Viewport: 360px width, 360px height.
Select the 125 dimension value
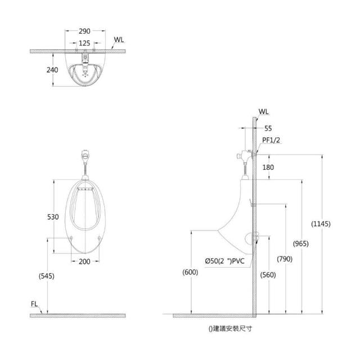point(84,43)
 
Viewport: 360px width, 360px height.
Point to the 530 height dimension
point(53,217)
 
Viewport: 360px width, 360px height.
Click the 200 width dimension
point(84,262)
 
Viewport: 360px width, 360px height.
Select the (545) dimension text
point(47,276)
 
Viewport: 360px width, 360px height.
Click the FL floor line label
point(35,304)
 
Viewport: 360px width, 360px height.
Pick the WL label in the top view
point(119,40)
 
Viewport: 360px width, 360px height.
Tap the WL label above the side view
point(264,111)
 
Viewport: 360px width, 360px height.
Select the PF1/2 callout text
point(271,140)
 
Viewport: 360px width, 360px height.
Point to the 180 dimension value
point(268,167)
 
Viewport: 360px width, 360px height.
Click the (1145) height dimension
point(321,224)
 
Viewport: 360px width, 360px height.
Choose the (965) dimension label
point(301,244)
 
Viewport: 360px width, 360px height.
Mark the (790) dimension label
point(285,259)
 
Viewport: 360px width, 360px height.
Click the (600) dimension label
point(191,272)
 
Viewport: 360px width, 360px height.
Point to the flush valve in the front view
point(84,154)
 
